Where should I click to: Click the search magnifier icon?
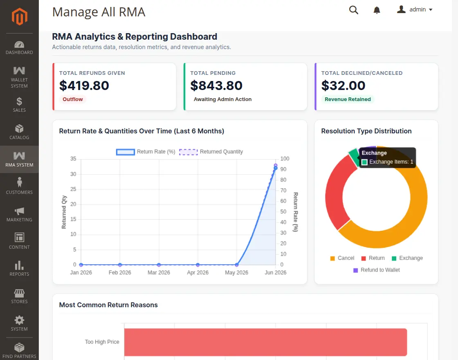[353, 10]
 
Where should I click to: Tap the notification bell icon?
[377, 10]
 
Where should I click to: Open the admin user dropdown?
[415, 10]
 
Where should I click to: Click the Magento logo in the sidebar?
[19, 17]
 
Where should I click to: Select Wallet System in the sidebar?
[19, 77]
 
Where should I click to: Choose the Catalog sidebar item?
[19, 132]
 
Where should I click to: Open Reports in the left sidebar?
[19, 268]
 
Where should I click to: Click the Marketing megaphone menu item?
[19, 214]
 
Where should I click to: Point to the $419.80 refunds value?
[84, 85]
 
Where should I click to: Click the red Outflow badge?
[73, 99]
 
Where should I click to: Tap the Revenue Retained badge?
[348, 99]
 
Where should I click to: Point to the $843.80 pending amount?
[216, 85]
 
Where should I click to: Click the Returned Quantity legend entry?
[211, 152]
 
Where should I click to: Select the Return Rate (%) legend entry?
[146, 152]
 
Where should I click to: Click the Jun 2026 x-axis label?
[276, 272]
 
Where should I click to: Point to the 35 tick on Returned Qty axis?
[73, 159]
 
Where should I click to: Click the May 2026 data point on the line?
[237, 265]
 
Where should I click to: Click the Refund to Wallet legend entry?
[377, 270]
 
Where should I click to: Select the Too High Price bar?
[265, 342]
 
